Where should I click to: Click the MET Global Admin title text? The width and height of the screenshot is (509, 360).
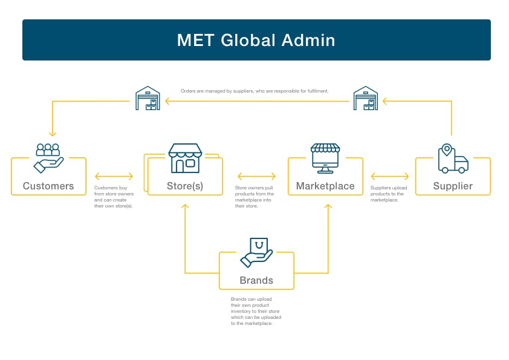pos(256,41)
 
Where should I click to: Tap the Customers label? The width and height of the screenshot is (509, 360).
pos(48,186)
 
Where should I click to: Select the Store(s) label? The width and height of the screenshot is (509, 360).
pos(184,186)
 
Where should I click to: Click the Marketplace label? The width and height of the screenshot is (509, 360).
pos(325,186)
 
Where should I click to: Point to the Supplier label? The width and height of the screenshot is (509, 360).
pos(453,186)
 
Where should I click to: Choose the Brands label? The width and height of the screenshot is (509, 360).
pos(256,280)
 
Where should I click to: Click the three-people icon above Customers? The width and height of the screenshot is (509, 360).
pos(48,157)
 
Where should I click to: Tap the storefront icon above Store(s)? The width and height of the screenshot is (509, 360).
pos(184,158)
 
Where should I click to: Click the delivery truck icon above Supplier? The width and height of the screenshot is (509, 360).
pos(453,159)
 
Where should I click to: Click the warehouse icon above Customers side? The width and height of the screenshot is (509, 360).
pos(148,99)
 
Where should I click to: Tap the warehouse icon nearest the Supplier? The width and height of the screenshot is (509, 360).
pos(365,99)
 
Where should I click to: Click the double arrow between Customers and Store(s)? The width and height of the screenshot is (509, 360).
pos(114,177)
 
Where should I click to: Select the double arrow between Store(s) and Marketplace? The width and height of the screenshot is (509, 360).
pos(255,177)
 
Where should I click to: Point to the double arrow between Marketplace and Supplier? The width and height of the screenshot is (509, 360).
pos(389,177)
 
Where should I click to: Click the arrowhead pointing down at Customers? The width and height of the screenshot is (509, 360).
pos(53,133)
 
